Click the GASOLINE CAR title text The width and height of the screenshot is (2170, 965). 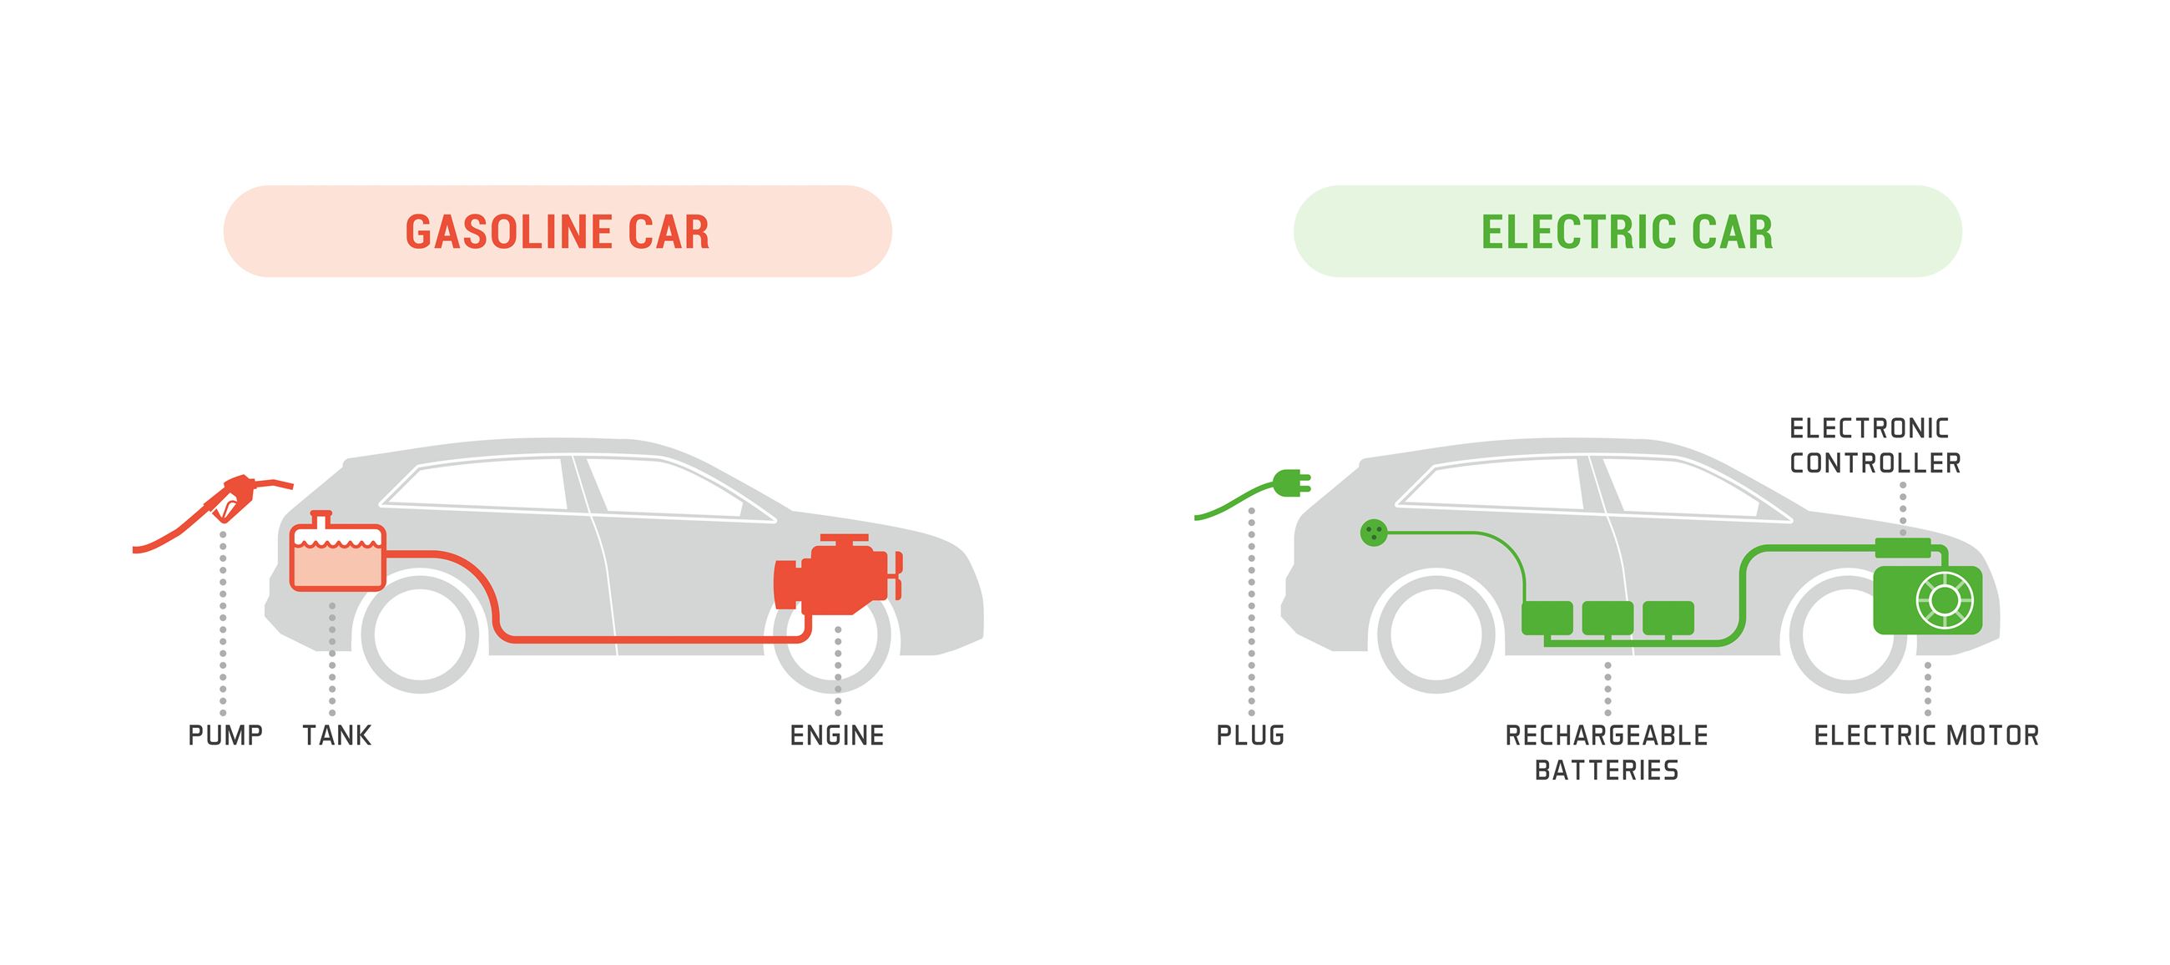pos(557,233)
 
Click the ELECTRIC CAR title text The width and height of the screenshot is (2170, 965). pos(1627,233)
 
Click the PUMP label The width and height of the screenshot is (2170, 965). pos(225,735)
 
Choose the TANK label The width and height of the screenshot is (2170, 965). pos(337,735)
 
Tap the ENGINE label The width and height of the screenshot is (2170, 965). pos(836,735)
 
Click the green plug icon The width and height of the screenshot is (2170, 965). pos(1292,484)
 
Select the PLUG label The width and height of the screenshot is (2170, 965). pos(1250,735)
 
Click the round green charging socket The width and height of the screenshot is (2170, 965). pos(1373,532)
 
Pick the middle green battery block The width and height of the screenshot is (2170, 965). pos(1607,618)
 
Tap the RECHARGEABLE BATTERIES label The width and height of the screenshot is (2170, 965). pos(1607,753)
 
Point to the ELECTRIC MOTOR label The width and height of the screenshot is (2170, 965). pos(1926,735)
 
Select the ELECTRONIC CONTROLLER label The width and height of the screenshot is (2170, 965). pos(1875,446)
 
